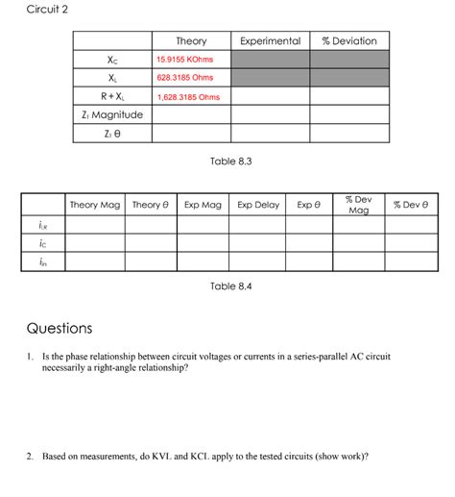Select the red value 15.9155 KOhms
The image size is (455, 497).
[185, 60]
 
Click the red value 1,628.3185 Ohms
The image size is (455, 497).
[188, 97]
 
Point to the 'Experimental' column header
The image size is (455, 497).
[270, 41]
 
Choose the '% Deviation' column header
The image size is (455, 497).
[349, 41]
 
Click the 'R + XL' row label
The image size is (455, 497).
[113, 97]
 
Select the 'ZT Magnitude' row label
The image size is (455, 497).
[113, 115]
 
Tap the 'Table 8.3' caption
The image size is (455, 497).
[230, 161]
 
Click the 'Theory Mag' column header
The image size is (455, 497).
[95, 205]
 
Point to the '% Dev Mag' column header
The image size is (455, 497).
[358, 205]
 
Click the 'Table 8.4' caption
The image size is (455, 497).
[230, 286]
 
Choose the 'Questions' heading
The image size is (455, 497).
[60, 329]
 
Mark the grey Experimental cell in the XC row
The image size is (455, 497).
[270, 60]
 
